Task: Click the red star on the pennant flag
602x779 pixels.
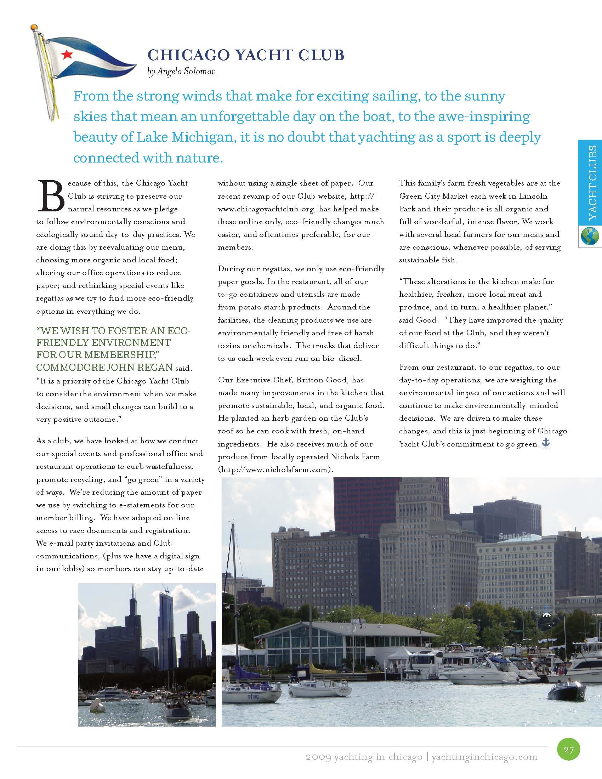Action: click(x=67, y=54)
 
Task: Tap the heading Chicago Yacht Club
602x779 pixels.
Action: click(x=246, y=55)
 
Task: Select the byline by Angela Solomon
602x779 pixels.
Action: click(x=182, y=72)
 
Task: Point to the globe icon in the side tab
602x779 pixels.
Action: click(x=590, y=236)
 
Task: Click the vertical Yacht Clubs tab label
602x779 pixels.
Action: click(x=592, y=182)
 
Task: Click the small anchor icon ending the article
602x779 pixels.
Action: click(x=546, y=443)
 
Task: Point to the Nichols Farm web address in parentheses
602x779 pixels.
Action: click(x=276, y=470)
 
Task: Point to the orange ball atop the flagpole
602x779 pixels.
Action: click(x=34, y=27)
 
